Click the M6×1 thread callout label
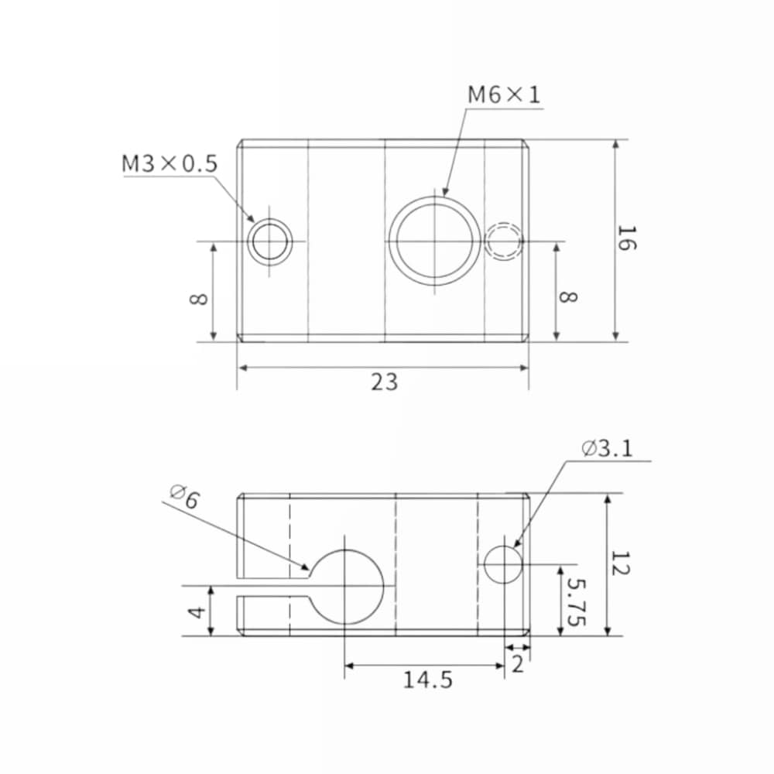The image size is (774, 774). pyautogui.click(x=504, y=94)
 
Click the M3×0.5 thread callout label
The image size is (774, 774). pyautogui.click(x=170, y=163)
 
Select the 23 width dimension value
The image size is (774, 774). pyautogui.click(x=384, y=382)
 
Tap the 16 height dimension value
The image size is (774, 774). pyautogui.click(x=627, y=238)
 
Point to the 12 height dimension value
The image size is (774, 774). pyautogui.click(x=620, y=563)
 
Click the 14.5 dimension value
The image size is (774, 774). pyautogui.click(x=427, y=680)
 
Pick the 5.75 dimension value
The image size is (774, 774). pyautogui.click(x=576, y=602)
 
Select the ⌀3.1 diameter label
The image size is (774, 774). pyautogui.click(x=607, y=449)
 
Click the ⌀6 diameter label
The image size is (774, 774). pyautogui.click(x=184, y=496)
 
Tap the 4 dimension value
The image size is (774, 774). pyautogui.click(x=197, y=612)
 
